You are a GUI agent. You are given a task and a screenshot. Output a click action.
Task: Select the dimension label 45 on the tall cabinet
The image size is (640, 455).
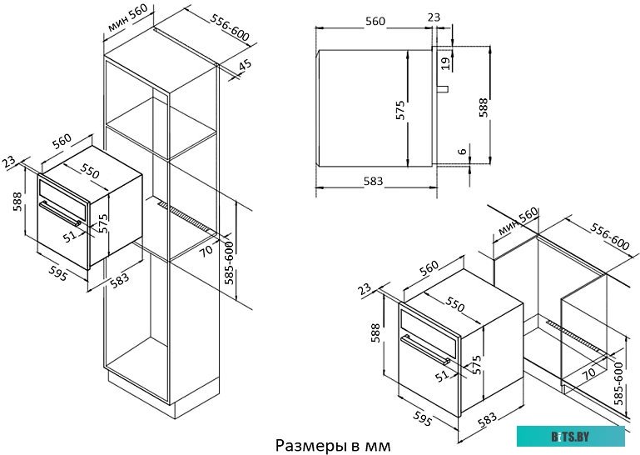point(246,67)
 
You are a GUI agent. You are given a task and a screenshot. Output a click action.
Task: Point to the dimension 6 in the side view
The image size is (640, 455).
point(461,152)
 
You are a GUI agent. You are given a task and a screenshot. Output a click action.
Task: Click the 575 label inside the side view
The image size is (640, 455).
point(400,108)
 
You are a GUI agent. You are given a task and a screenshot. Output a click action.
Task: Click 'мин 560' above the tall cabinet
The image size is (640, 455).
point(127,19)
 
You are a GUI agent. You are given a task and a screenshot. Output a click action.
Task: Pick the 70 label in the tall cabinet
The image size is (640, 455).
point(208,248)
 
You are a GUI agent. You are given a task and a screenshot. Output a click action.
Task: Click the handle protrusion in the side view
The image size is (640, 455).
point(444,87)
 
